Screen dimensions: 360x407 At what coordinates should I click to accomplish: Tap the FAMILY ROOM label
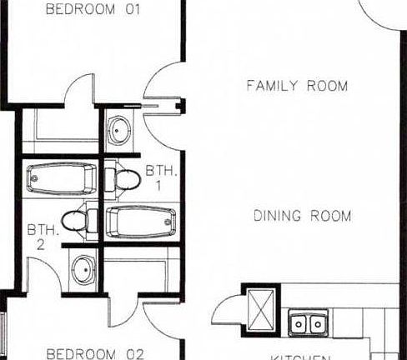click(x=297, y=86)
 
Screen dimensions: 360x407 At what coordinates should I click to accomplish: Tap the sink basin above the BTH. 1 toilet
click(x=121, y=129)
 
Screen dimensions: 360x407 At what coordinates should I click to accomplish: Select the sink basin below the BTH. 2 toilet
click(x=83, y=268)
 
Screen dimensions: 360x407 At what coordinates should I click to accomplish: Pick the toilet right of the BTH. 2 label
click(x=77, y=221)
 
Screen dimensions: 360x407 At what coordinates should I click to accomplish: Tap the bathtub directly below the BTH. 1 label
click(x=141, y=222)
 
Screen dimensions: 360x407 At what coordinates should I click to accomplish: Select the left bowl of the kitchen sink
click(x=299, y=322)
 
